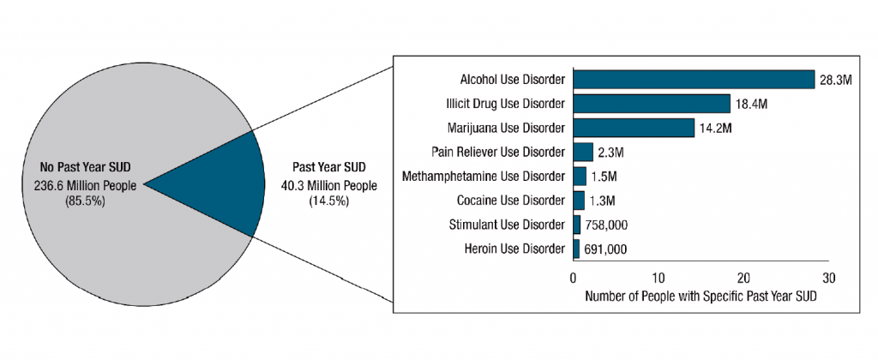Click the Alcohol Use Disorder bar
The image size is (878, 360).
(x=693, y=80)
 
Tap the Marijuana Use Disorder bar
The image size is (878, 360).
(x=633, y=128)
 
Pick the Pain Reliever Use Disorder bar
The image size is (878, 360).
(x=582, y=152)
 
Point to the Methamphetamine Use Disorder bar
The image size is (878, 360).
(x=580, y=177)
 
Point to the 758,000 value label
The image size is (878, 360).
(x=608, y=225)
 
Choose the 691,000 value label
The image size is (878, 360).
(x=607, y=249)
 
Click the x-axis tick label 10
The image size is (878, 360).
(x=658, y=278)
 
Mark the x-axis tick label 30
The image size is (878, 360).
(x=828, y=278)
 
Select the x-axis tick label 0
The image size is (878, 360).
(x=573, y=278)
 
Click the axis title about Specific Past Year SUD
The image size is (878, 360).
(x=700, y=297)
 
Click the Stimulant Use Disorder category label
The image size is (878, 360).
(x=507, y=225)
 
